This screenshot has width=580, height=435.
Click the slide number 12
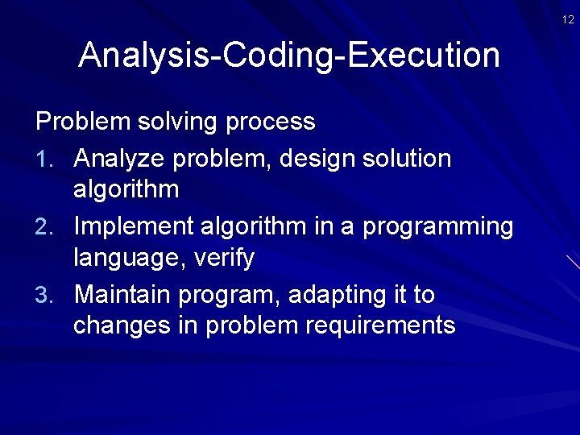point(569,19)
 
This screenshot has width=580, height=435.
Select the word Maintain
point(122,296)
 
